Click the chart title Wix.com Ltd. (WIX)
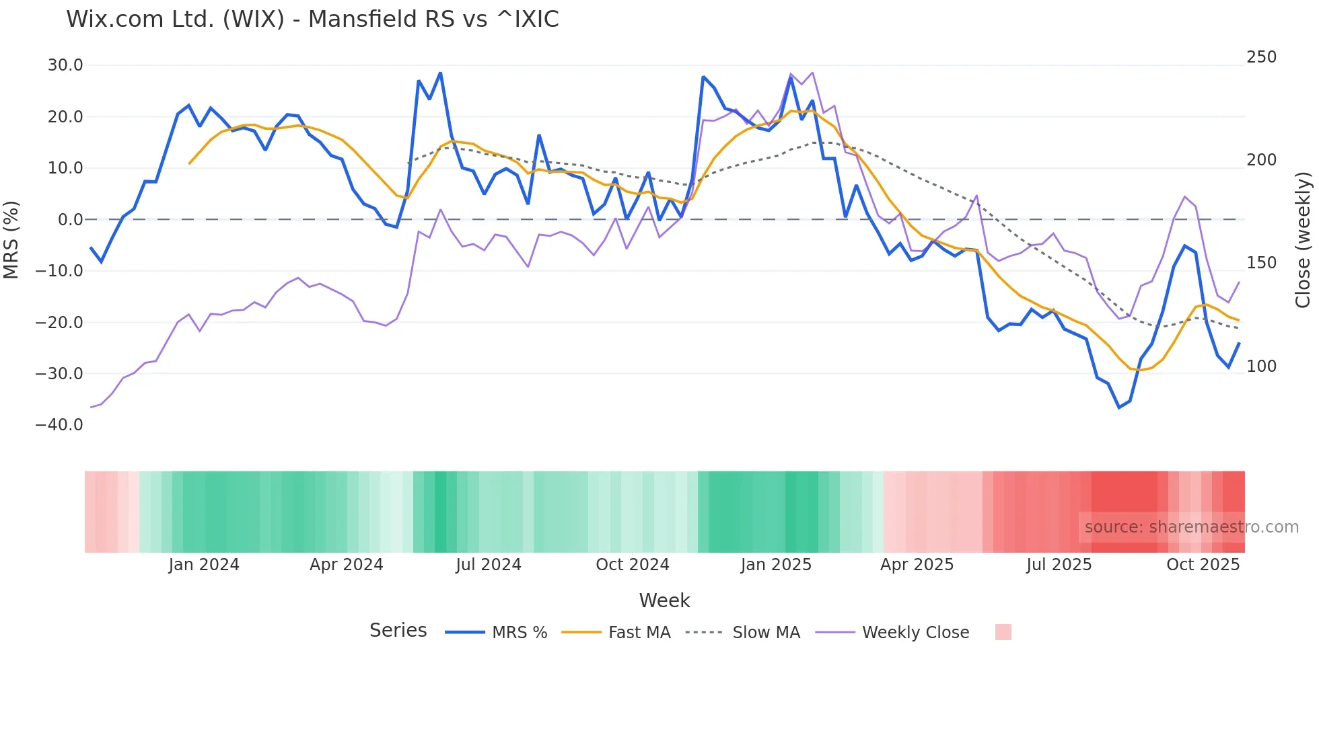312,19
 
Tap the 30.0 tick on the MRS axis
65,65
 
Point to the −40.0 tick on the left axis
59,425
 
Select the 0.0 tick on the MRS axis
71,220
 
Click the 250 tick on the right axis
1261,57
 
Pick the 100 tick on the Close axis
1261,366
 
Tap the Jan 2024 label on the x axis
204,565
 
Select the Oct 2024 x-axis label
633,565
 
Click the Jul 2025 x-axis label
1059,565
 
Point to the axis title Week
664,600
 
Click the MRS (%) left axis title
11,240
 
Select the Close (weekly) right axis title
1304,240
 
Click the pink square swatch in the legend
1003,632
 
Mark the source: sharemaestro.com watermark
1191,527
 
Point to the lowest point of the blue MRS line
1119,407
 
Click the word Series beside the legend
398,631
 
